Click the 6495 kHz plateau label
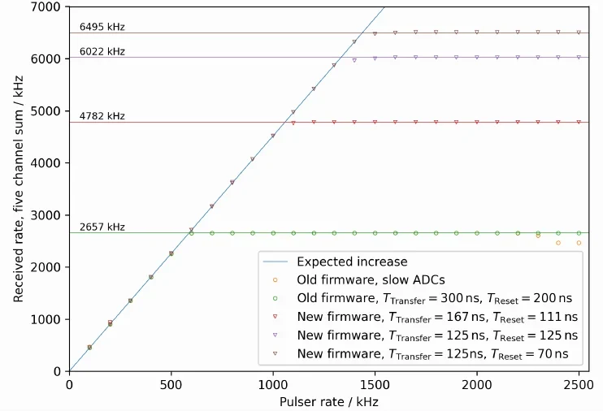tap(102, 28)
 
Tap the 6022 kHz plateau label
tap(102, 51)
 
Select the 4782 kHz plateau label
tap(102, 116)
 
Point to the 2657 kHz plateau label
tap(102, 227)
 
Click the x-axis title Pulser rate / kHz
tap(328, 401)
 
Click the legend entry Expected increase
tap(351, 262)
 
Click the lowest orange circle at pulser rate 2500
tap(579, 243)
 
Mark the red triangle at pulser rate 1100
tap(293, 123)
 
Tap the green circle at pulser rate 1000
tap(273, 233)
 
